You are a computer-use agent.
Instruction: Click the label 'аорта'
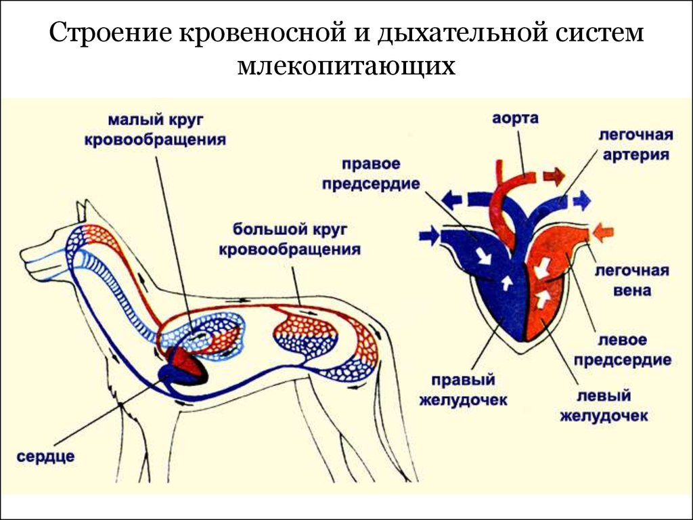(x=515, y=119)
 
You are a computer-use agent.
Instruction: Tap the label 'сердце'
(x=45, y=456)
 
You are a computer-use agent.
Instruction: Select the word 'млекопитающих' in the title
(x=346, y=66)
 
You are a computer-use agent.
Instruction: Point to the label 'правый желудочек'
(x=463, y=390)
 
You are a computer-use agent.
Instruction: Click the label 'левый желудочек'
(x=604, y=406)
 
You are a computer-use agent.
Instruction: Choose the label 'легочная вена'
(x=632, y=280)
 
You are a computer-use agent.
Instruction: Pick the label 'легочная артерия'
(x=635, y=145)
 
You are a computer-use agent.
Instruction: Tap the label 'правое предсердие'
(x=370, y=174)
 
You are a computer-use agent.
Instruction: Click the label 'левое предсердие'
(x=623, y=350)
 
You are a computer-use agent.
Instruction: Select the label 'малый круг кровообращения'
(x=155, y=130)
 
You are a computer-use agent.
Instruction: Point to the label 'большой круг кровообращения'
(x=290, y=239)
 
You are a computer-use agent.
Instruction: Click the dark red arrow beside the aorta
(x=554, y=177)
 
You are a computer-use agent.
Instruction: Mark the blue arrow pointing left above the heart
(x=453, y=200)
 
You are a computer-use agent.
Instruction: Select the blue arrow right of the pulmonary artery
(x=581, y=200)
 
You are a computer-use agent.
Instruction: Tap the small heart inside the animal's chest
(x=184, y=366)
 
